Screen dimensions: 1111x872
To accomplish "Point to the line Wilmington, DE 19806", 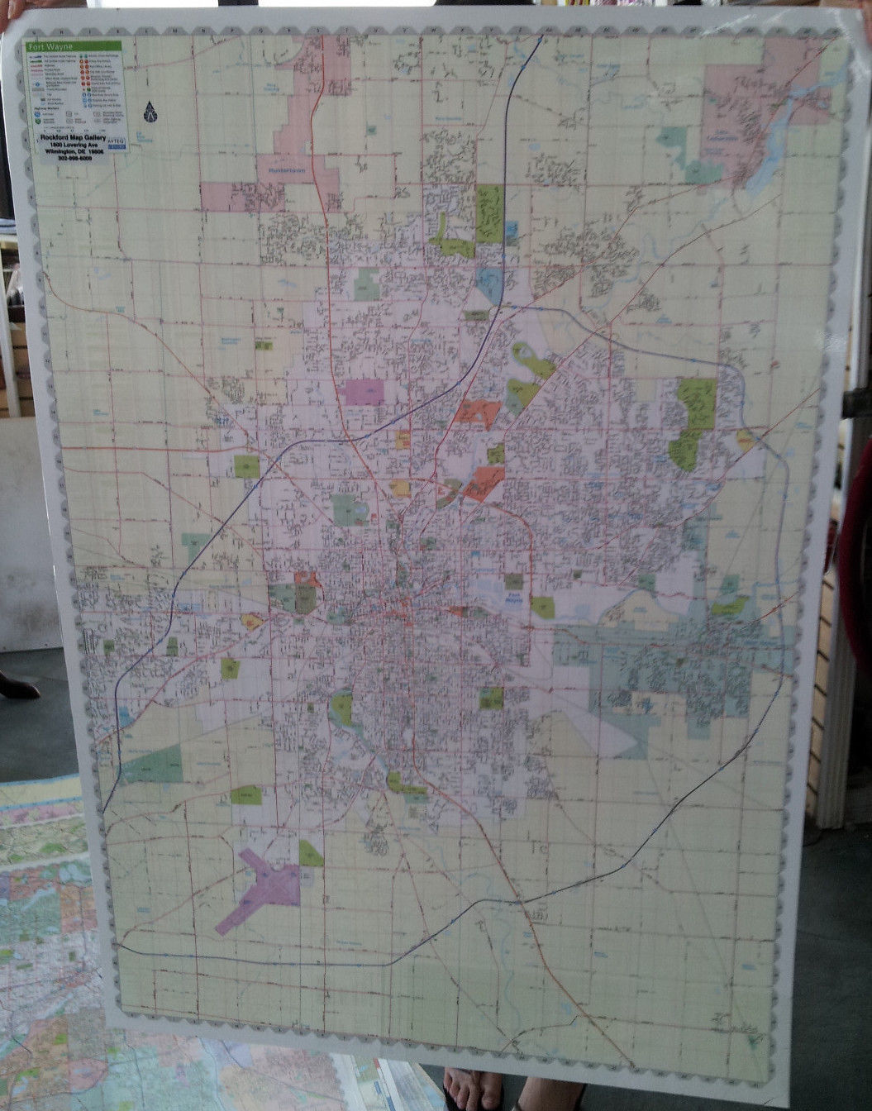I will tap(74, 151).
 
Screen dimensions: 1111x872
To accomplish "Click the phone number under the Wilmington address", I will tap(75, 158).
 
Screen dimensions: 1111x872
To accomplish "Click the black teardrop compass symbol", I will tap(150, 111).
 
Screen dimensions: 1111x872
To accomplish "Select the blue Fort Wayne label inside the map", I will tap(513, 598).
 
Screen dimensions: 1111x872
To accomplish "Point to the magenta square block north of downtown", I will tap(364, 392).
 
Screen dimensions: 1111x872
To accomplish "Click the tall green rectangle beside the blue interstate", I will tap(489, 212).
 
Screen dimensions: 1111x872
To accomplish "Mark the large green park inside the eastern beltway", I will tap(694, 422).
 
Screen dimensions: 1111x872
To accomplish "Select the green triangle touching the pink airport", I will tap(310, 854).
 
